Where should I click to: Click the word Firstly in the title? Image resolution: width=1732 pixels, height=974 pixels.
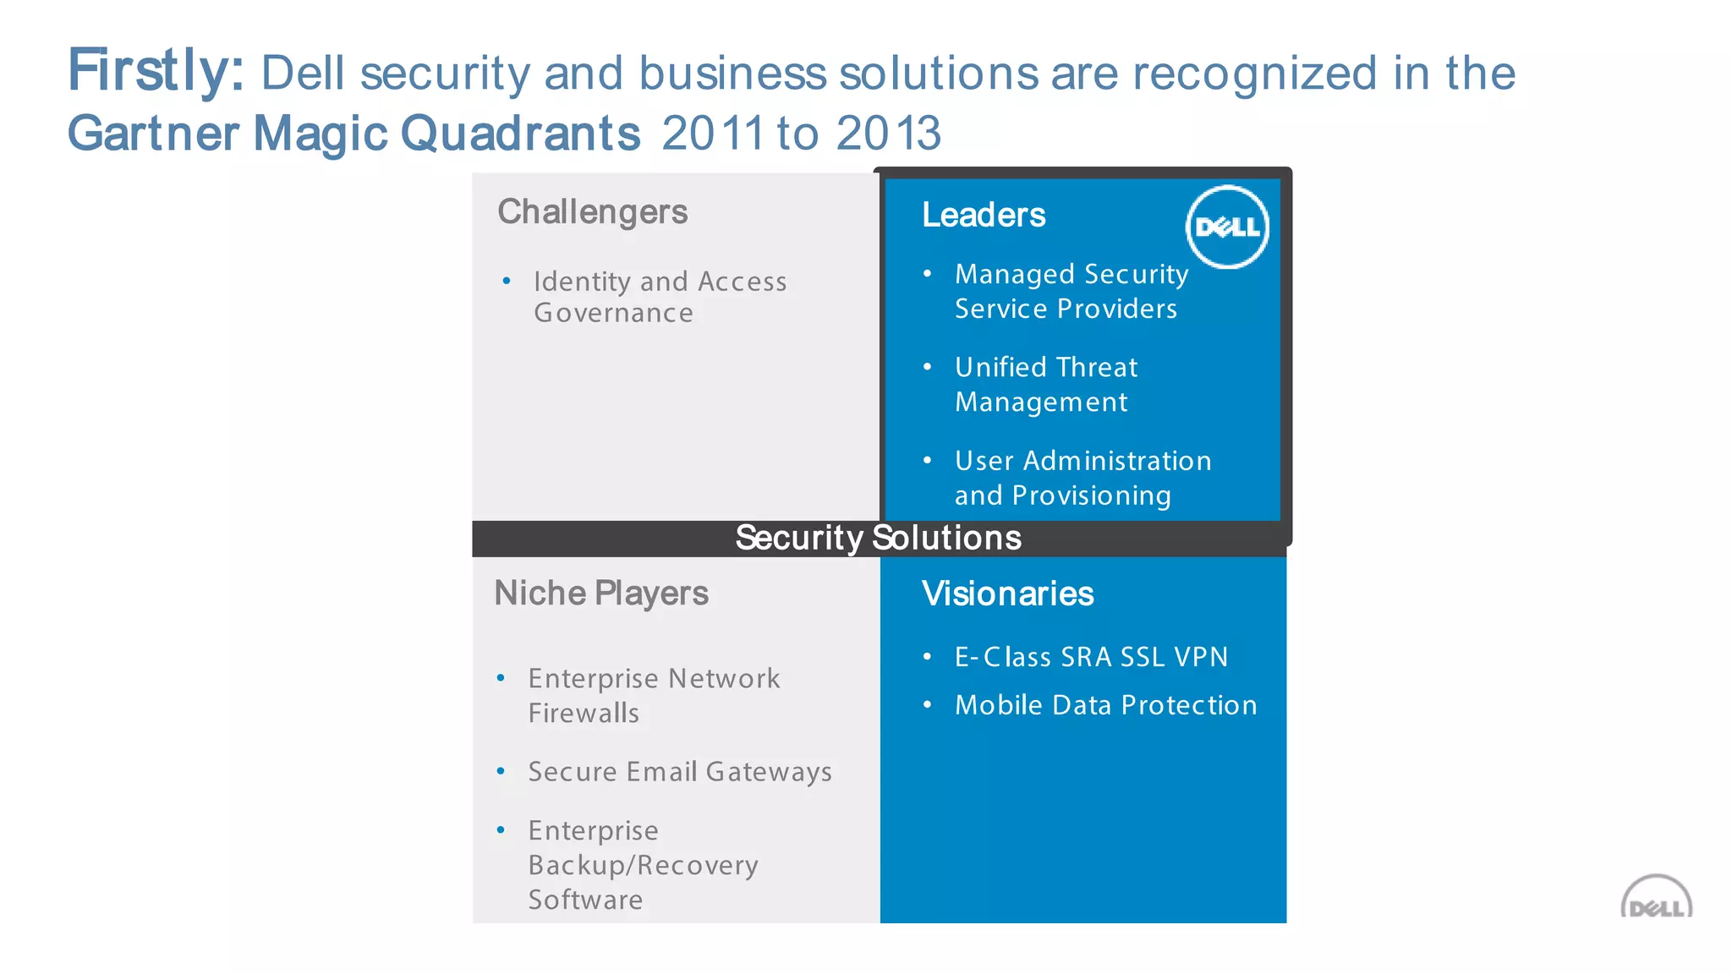tap(155, 71)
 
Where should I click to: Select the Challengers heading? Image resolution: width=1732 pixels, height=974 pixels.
tap(592, 212)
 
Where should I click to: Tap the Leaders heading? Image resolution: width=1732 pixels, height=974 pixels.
tap(984, 216)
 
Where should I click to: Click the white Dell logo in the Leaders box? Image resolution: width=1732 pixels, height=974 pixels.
tap(1227, 227)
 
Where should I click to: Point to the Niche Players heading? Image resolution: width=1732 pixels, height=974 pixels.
tap(601, 594)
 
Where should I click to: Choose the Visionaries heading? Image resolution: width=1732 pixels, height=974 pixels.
tap(1007, 594)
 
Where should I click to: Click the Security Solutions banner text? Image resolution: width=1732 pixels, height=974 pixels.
tap(878, 539)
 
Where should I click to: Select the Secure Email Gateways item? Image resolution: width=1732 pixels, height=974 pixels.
tap(680, 772)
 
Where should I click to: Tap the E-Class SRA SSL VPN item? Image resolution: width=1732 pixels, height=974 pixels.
tap(1091, 657)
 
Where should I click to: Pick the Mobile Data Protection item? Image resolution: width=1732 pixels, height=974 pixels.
tap(1105, 705)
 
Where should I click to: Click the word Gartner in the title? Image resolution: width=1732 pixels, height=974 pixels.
tap(153, 134)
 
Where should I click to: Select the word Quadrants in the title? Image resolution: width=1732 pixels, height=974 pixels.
tap(520, 134)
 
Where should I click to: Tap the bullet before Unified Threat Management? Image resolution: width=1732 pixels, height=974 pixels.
tap(928, 367)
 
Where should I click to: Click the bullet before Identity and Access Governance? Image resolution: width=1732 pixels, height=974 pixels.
tap(507, 281)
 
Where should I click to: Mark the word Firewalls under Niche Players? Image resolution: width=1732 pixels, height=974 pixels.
tap(584, 714)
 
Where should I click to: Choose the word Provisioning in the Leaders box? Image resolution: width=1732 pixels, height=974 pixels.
tap(1091, 495)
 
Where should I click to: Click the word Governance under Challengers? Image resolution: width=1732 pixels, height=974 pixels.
tap(613, 314)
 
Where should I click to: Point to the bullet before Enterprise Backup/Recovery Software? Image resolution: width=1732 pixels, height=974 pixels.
tap(502, 830)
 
